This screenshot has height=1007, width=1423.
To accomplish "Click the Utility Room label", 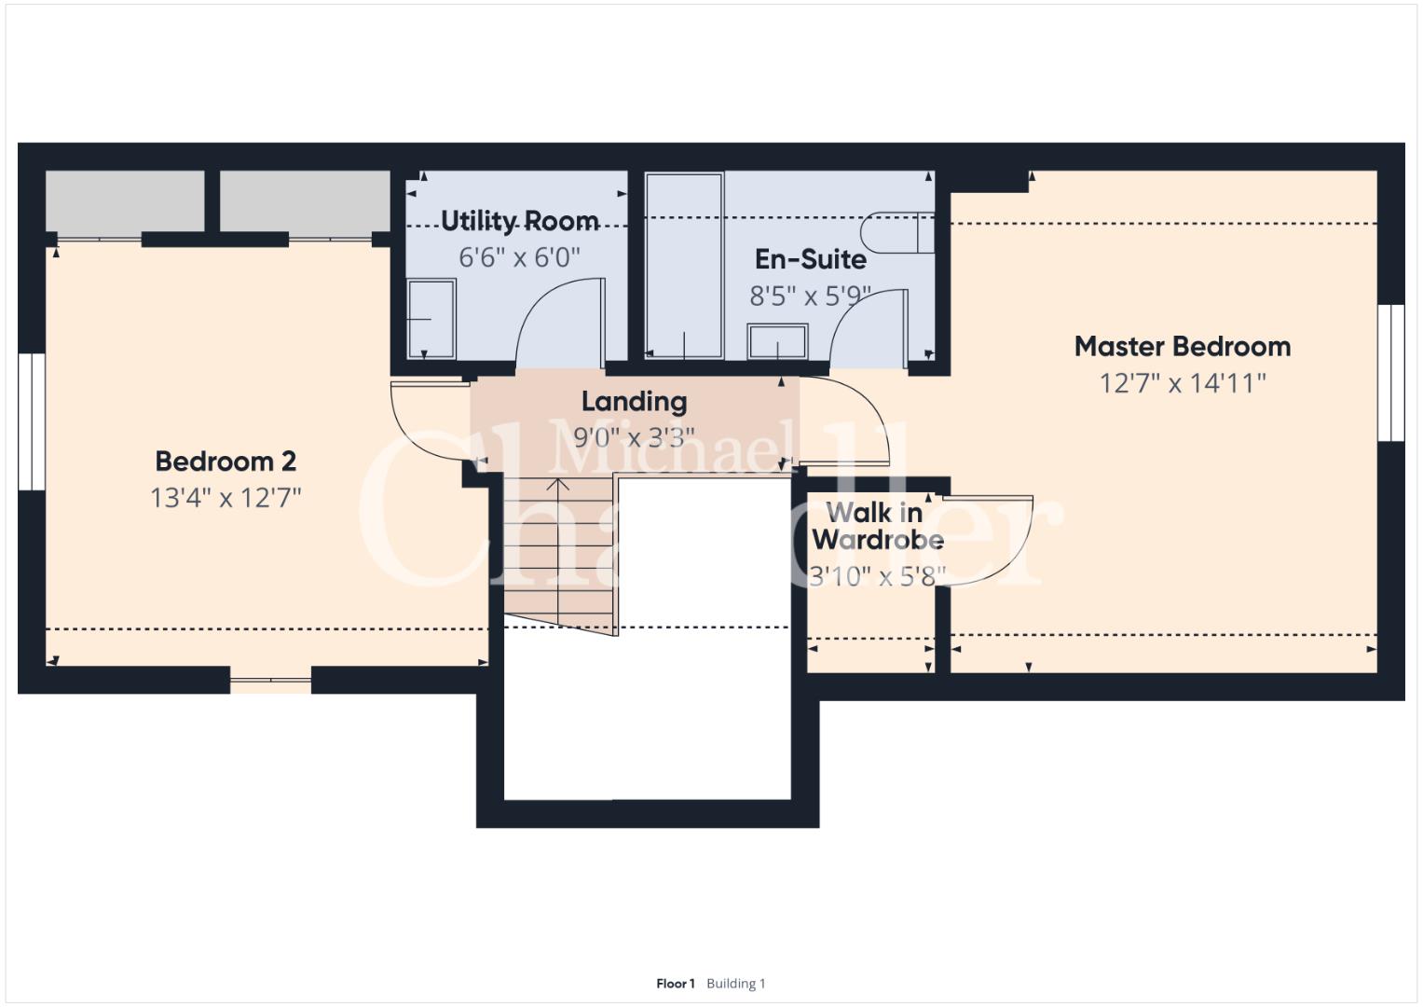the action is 520,221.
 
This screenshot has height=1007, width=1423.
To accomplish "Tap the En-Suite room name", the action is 811,259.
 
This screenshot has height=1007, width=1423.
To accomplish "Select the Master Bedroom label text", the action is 1183,347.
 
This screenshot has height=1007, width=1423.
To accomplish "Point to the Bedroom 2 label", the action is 226,462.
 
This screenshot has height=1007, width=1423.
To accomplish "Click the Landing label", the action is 634,402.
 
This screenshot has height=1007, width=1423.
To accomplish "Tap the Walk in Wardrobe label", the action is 877,526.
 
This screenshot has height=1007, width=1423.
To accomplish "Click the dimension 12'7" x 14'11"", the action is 1183,383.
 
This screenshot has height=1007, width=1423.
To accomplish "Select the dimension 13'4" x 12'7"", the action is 226,498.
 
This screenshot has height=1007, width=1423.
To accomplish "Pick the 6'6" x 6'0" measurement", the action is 520,257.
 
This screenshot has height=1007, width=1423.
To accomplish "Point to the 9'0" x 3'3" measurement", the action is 634,437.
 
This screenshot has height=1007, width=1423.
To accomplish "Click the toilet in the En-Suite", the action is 897,233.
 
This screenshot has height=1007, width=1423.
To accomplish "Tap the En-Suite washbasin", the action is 777,342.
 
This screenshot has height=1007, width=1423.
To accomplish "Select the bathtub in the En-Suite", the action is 684,266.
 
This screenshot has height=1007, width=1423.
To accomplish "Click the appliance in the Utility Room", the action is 431,319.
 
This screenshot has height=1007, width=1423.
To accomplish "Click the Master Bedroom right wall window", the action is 1390,373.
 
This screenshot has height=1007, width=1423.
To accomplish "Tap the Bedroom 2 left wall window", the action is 31,421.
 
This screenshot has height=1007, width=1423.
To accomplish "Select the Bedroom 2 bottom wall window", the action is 270,681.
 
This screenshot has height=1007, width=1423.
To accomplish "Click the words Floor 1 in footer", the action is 676,984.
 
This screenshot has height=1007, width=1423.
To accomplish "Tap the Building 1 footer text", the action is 735,984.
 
